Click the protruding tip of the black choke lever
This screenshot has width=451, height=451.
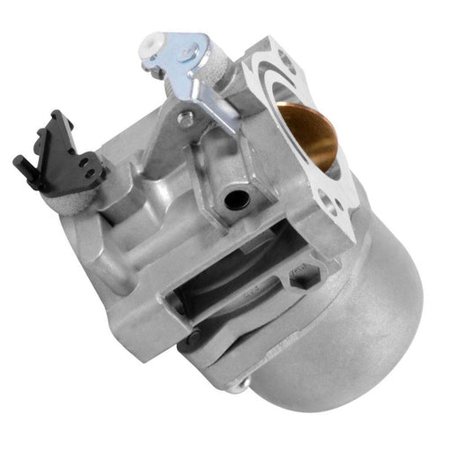[x=18, y=162]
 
